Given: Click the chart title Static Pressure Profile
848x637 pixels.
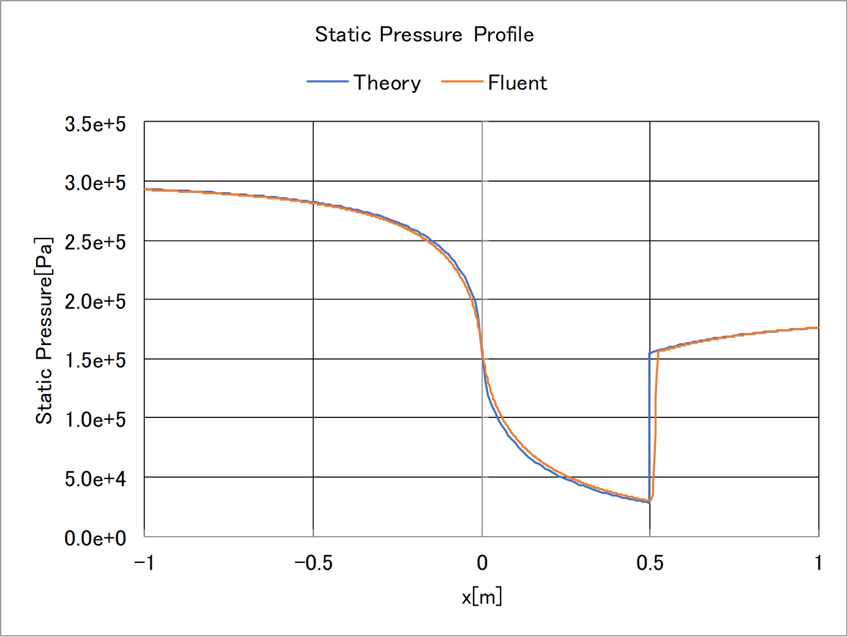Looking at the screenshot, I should click(x=424, y=34).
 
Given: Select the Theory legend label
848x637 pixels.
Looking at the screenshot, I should click(x=387, y=83).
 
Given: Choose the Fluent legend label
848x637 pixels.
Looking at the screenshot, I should click(x=517, y=83).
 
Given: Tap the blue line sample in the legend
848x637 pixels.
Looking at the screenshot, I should click(x=327, y=81).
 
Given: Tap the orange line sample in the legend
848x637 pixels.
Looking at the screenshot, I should click(x=462, y=81).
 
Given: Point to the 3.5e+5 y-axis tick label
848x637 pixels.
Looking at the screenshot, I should click(x=95, y=124).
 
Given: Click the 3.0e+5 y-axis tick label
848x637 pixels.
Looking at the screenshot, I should click(x=95, y=183).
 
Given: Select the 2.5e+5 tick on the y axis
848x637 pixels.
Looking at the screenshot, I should click(x=95, y=242).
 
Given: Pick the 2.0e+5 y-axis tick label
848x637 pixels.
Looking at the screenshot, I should click(x=95, y=302).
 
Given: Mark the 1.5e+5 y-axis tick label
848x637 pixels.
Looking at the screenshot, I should click(x=95, y=360).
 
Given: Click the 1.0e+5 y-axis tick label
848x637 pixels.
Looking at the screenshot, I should click(x=95, y=420).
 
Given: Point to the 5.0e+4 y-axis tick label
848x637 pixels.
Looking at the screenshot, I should click(x=95, y=479).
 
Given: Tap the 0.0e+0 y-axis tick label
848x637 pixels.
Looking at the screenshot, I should click(x=95, y=538).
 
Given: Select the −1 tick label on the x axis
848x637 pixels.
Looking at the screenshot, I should click(x=144, y=563).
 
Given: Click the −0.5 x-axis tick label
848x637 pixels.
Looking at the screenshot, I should click(x=313, y=563).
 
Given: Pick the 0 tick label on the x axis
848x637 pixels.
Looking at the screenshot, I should click(x=482, y=563).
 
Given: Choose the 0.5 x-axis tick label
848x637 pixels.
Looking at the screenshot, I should click(x=650, y=563).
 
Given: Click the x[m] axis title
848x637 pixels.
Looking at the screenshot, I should click(x=482, y=596).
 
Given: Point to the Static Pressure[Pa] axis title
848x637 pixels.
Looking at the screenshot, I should click(x=44, y=330).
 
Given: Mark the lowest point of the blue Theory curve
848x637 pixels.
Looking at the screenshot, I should click(x=649, y=502).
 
